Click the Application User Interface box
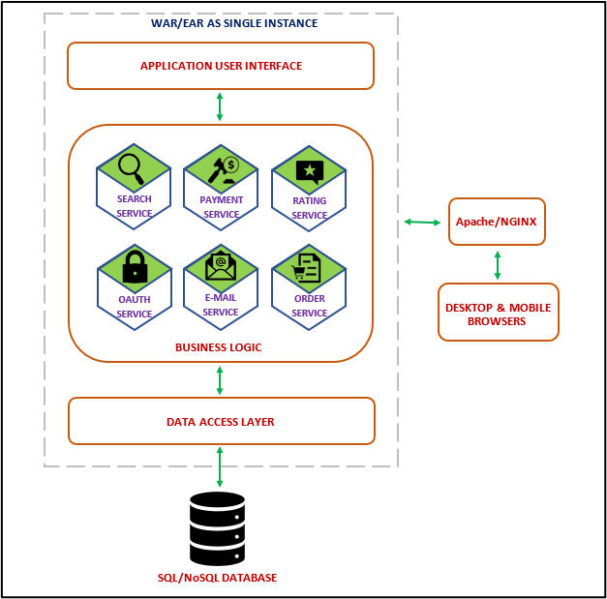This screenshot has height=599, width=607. point(221,66)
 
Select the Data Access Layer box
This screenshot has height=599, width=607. point(221,421)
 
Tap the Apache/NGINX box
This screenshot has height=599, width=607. point(497,222)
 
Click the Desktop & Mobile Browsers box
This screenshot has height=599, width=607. point(498,313)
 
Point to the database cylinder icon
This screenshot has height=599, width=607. point(217,528)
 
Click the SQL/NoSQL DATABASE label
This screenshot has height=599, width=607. point(217,578)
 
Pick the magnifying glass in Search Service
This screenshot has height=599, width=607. point(131,168)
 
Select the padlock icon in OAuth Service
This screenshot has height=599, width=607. point(134,269)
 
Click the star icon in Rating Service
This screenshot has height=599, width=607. point(309,171)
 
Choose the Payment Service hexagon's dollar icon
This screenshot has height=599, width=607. point(231,165)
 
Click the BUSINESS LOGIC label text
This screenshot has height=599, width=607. point(218,346)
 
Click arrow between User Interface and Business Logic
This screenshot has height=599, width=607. point(220,106)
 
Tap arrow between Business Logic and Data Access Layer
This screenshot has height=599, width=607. point(220,379)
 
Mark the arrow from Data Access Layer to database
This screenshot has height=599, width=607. point(220,466)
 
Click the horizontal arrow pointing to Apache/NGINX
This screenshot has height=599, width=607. point(421,223)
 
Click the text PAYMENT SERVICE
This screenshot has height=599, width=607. point(222,207)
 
